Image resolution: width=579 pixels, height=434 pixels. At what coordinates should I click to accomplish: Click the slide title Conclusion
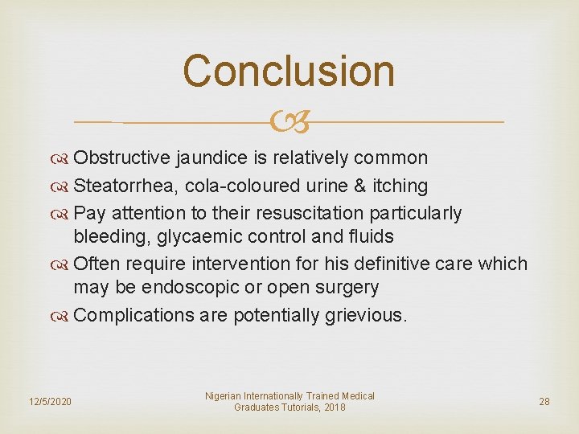[289, 71]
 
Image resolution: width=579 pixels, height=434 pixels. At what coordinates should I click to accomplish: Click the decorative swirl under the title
[289, 122]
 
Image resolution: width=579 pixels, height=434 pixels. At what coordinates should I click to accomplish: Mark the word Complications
[133, 315]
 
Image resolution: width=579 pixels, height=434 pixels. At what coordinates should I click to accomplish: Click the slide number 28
[544, 401]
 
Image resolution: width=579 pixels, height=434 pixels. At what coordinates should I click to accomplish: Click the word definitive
[413, 264]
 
